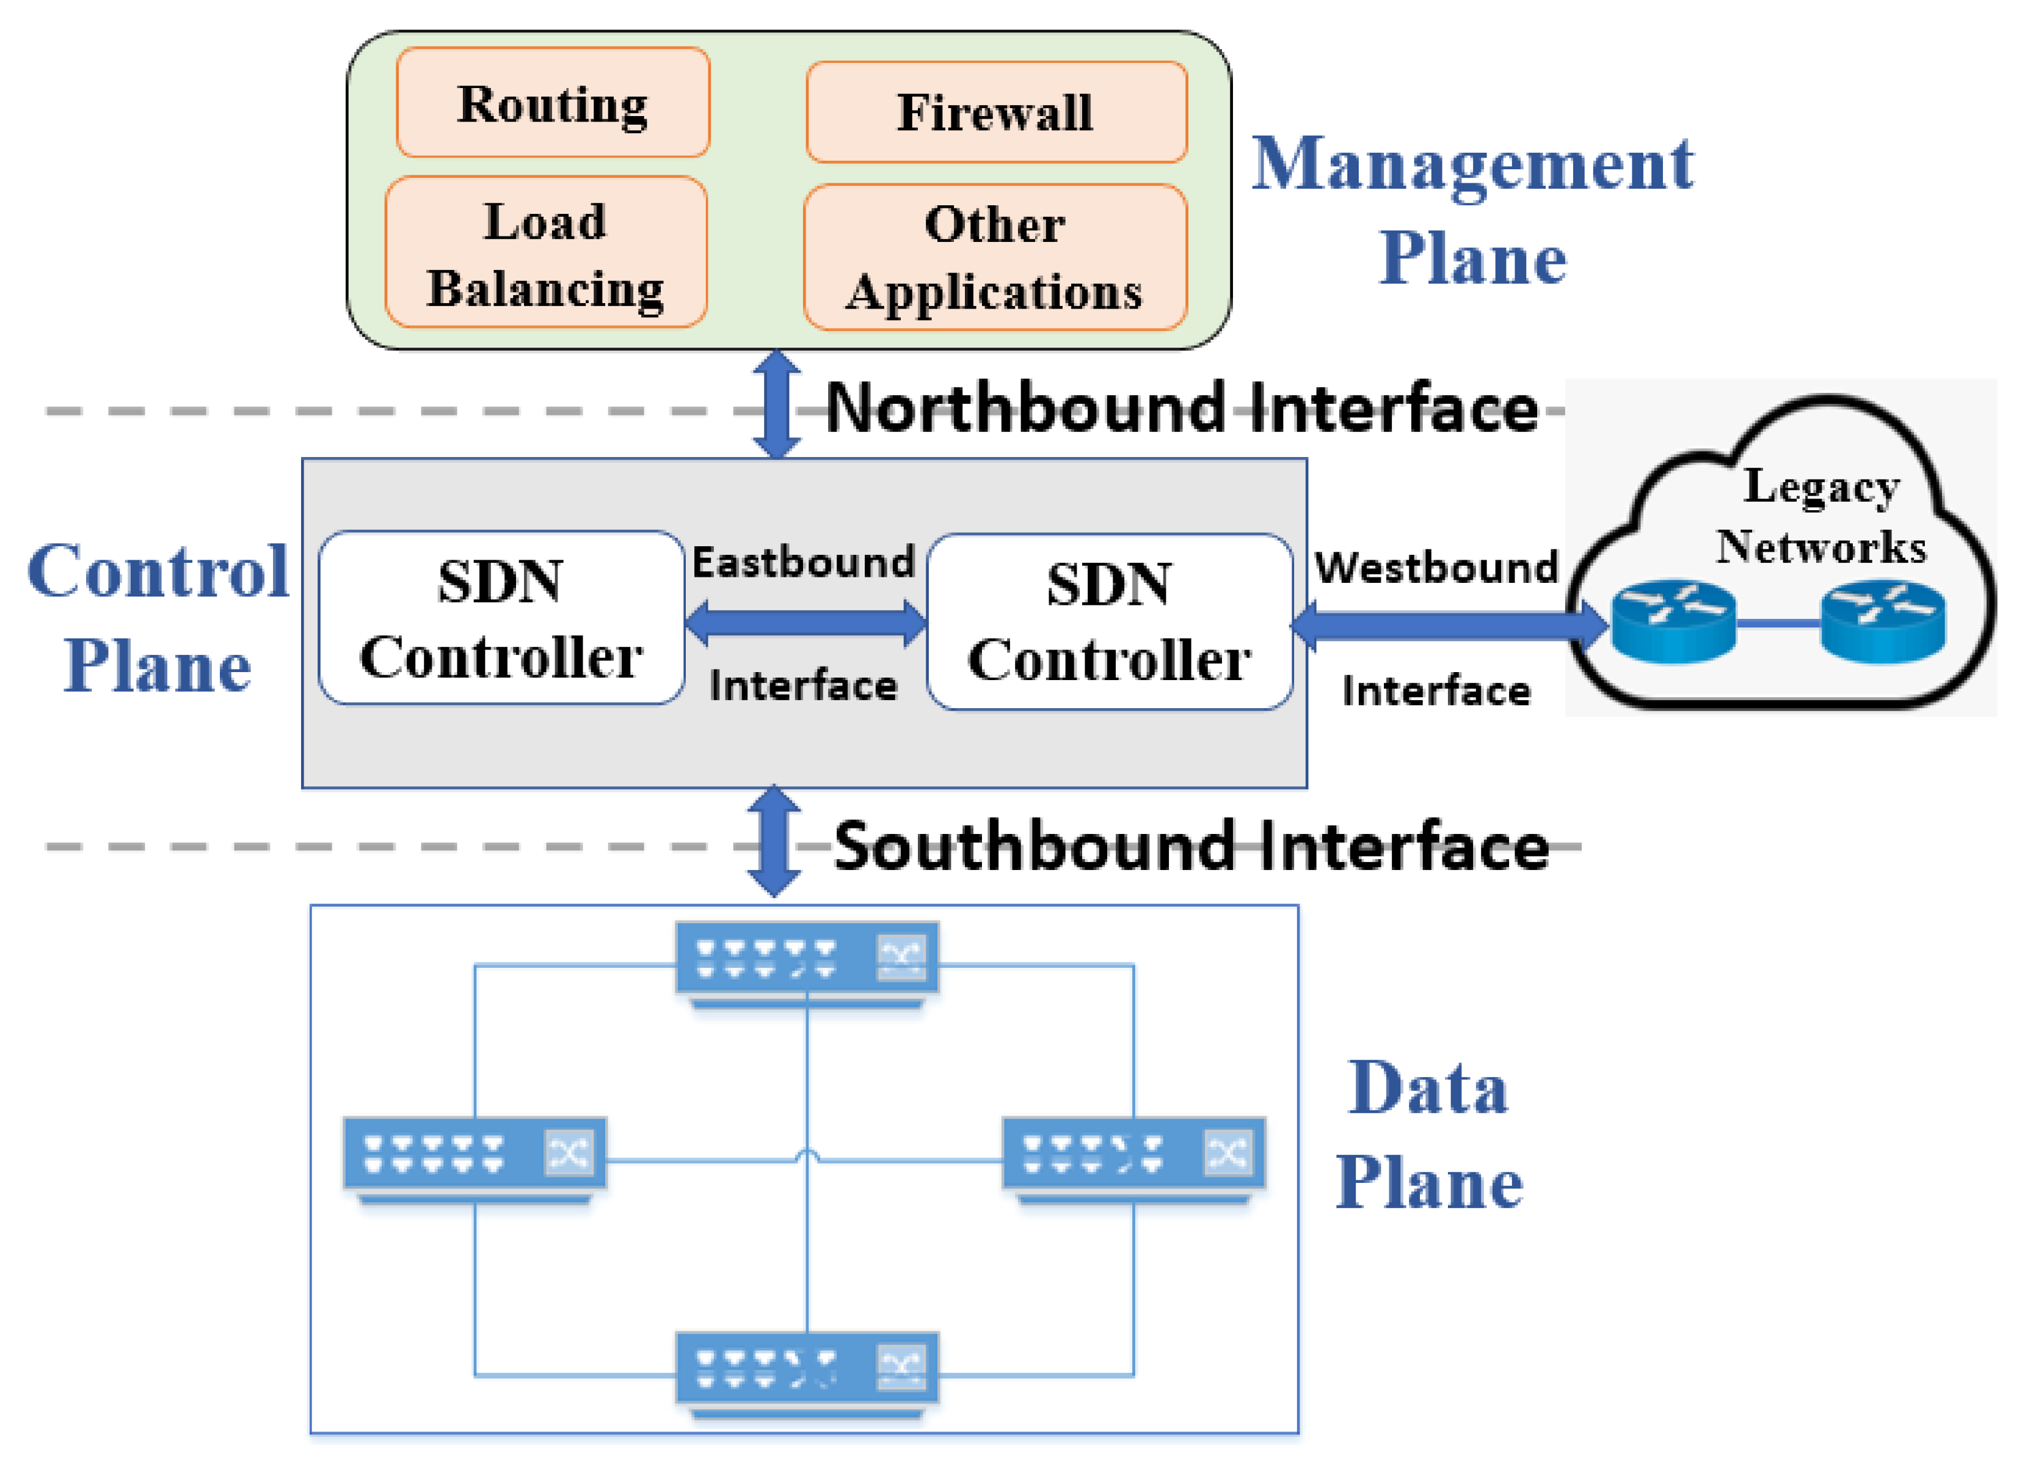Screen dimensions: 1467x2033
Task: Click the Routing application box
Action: (553, 103)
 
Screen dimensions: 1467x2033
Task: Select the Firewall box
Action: (996, 112)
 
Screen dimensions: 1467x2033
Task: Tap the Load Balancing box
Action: (546, 254)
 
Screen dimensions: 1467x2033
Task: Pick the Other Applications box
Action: (995, 257)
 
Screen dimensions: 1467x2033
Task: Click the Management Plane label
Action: (1472, 211)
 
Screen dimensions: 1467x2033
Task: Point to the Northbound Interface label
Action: (1182, 408)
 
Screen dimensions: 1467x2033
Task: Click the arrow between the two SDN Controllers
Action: (805, 623)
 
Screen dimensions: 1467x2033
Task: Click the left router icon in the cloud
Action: (1673, 621)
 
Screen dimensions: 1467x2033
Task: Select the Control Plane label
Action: (158, 619)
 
